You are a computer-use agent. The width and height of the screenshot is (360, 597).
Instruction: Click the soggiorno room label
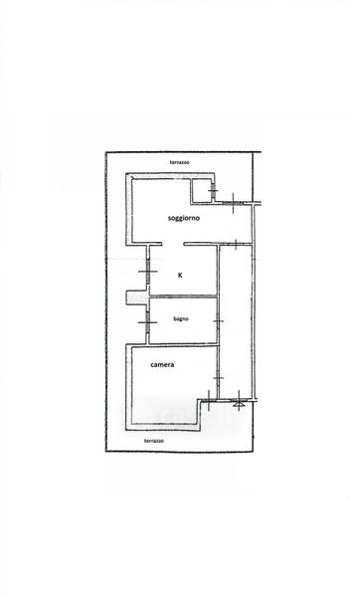pos(184,218)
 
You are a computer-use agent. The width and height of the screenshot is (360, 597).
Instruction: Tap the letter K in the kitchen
pos(180,275)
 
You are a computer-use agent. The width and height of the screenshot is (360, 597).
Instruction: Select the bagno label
pos(181,319)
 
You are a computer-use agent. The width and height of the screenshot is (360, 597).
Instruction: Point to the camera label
pos(162,365)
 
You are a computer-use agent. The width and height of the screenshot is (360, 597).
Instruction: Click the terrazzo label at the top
pos(180,162)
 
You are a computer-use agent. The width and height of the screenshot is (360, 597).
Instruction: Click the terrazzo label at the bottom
pos(154,441)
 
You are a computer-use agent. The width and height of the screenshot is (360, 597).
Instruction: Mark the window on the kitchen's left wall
pos(148,272)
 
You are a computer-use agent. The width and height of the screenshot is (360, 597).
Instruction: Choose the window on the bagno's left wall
pos(147,322)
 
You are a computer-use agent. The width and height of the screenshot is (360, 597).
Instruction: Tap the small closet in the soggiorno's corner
pos(202,190)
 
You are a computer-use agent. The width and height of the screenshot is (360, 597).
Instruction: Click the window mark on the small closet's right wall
pos(214,190)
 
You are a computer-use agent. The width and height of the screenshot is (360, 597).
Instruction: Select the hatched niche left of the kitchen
pos(136,298)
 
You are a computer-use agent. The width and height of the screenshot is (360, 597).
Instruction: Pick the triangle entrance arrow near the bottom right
pos(239,402)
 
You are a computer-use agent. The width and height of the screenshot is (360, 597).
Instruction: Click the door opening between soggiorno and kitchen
pos(173,244)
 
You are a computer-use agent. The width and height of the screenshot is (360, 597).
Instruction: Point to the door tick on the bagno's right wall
pos(218,321)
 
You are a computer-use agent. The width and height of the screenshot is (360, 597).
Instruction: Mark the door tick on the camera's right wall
pos(218,378)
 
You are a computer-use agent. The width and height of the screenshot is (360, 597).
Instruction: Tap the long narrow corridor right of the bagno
pos(236,322)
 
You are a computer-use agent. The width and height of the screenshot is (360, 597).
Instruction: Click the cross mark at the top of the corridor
pos(236,244)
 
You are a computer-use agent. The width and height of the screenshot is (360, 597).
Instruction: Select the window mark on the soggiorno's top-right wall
pos(233,203)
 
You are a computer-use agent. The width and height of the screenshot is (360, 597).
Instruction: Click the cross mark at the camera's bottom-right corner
pos(209,400)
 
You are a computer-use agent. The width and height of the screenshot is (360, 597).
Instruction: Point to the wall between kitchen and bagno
pos(183,297)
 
